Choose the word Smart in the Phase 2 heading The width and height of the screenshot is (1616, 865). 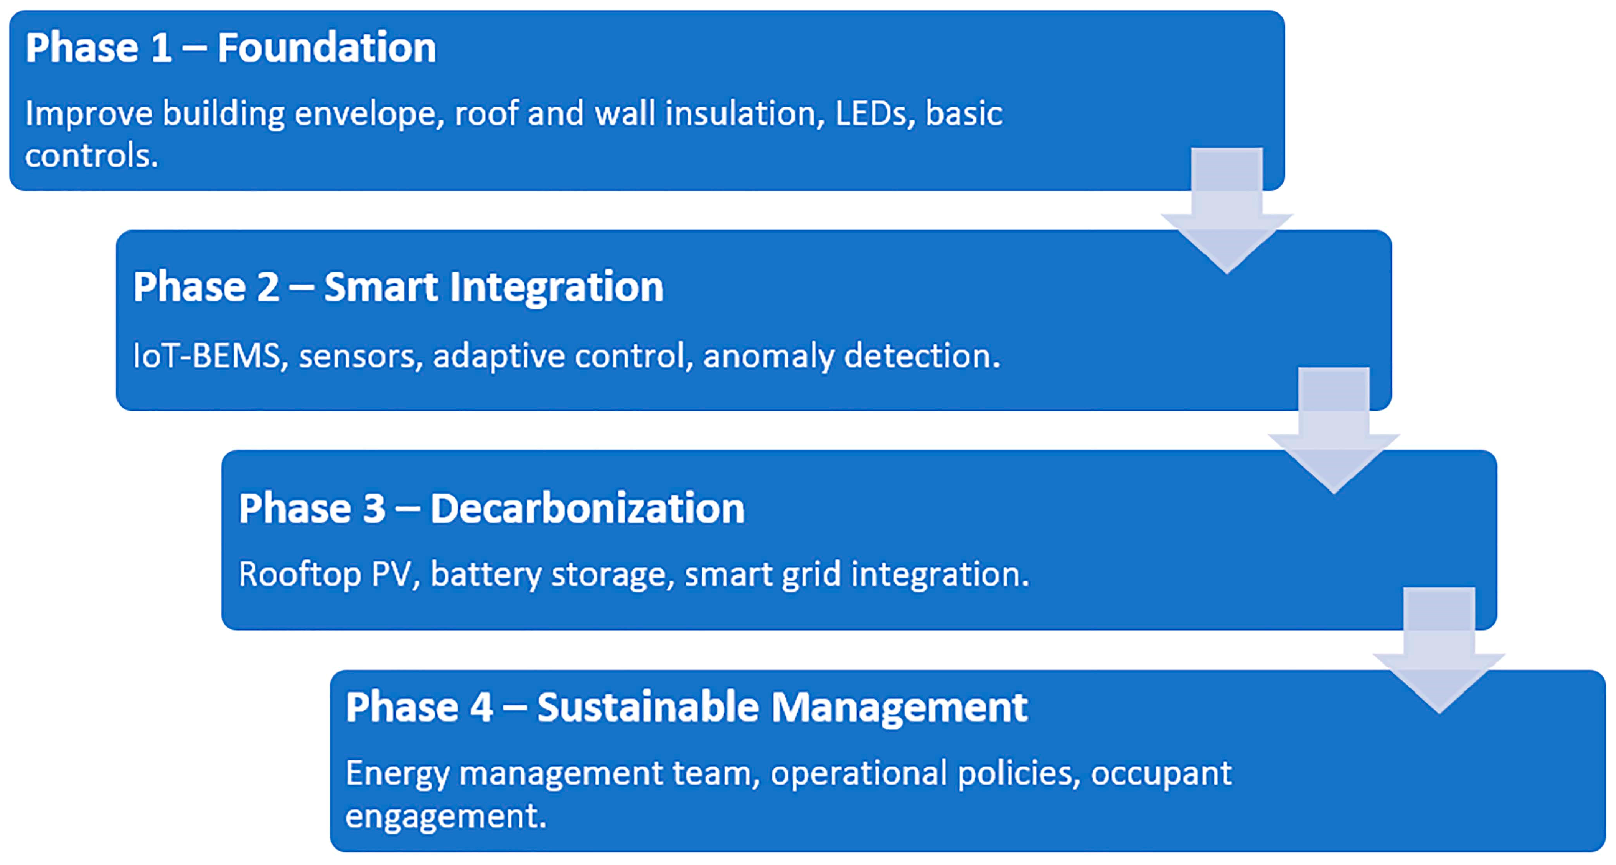[x=380, y=287]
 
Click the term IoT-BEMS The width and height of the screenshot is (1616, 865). [x=207, y=356]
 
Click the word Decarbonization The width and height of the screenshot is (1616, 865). [x=587, y=508]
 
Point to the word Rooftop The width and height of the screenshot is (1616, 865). [x=299, y=574]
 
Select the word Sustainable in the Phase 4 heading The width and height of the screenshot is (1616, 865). [x=648, y=707]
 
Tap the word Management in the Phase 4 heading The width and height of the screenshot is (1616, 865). [x=899, y=707]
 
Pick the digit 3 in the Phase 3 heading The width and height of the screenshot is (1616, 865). [x=374, y=508]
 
